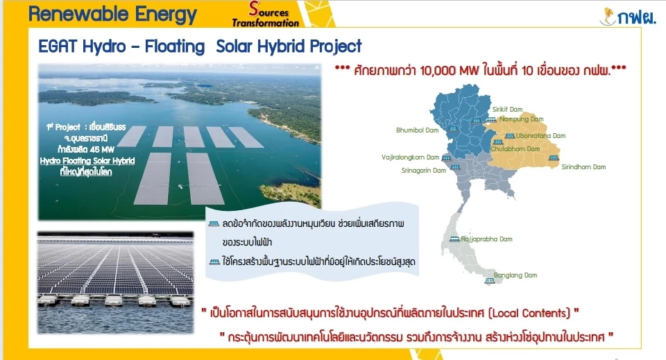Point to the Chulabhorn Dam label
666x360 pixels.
pos(515,148)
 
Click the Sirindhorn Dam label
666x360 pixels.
pos(583,166)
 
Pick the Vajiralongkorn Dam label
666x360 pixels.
pos(411,157)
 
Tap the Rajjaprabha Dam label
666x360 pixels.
pos(487,239)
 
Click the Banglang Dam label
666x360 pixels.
pos(515,275)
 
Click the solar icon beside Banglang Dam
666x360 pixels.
pos(490,281)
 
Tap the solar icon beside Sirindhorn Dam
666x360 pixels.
pos(553,157)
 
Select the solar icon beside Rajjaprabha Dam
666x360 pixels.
pos(454,239)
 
